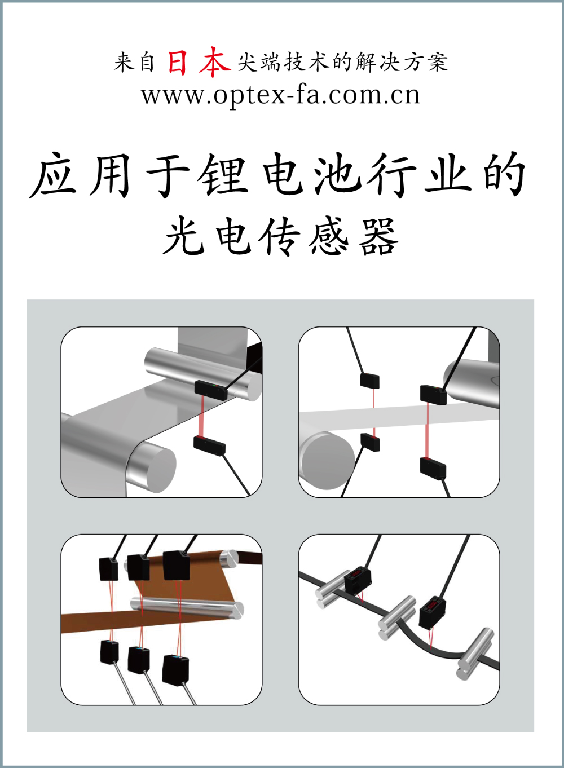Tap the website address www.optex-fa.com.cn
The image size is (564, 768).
pos(281,95)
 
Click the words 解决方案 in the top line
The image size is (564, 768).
pos(402,63)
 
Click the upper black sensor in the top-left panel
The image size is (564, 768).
pos(211,390)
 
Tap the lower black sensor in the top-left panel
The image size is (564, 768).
pos(209,445)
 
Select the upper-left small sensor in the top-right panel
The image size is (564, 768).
pos(369,381)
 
